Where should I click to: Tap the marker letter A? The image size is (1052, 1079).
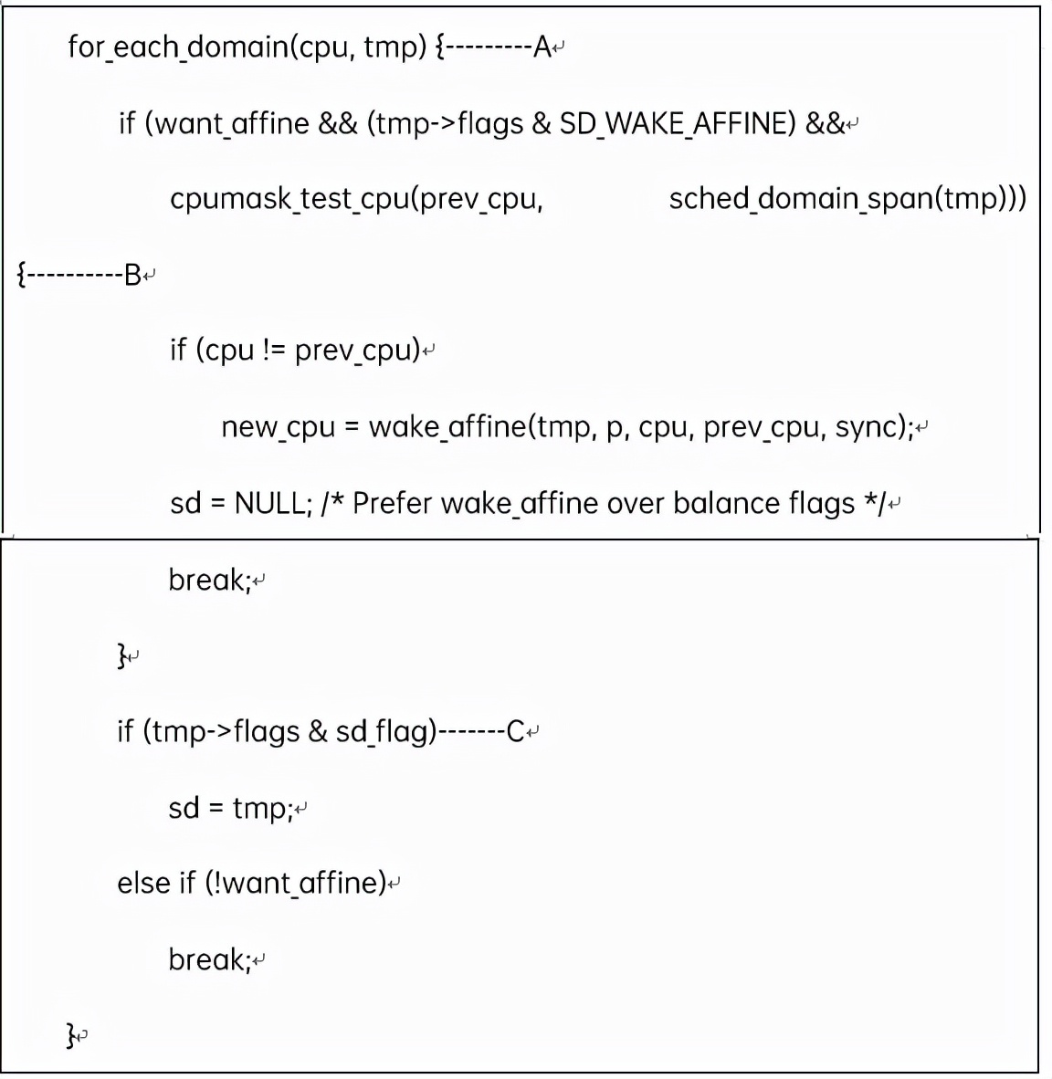[x=542, y=47]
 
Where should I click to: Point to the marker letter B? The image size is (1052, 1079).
[x=132, y=274]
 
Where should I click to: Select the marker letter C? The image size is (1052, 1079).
[x=516, y=731]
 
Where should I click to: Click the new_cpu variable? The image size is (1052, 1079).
[x=278, y=427]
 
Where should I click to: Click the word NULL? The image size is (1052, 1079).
[x=271, y=503]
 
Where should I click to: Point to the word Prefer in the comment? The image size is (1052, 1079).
[x=392, y=503]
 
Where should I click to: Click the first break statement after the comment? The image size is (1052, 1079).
[x=209, y=580]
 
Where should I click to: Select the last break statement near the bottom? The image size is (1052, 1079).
[x=209, y=959]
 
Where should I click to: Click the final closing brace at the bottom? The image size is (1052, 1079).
[x=71, y=1035]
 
